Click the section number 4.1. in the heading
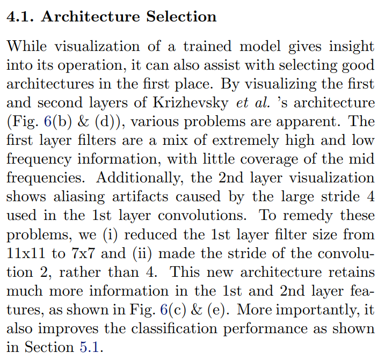click(x=20, y=17)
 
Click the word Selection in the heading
click(x=181, y=17)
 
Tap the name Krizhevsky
click(x=191, y=103)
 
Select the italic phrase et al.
click(x=253, y=103)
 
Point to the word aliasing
click(x=79, y=197)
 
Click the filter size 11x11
click(x=26, y=253)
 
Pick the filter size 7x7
click(x=83, y=253)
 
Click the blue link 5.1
click(x=89, y=347)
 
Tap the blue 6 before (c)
click(x=164, y=310)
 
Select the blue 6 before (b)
click(x=47, y=121)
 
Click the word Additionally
click(x=140, y=178)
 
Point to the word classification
click(x=175, y=328)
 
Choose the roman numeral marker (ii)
click(x=142, y=253)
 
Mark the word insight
click(x=352, y=47)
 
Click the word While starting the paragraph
click(x=26, y=46)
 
